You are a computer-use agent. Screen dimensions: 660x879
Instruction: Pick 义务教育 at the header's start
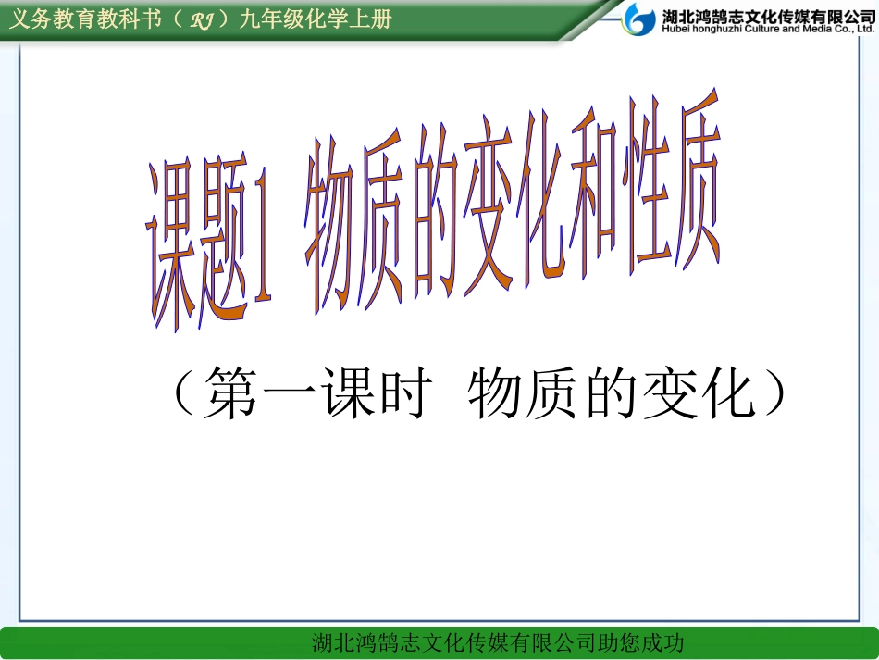43,20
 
